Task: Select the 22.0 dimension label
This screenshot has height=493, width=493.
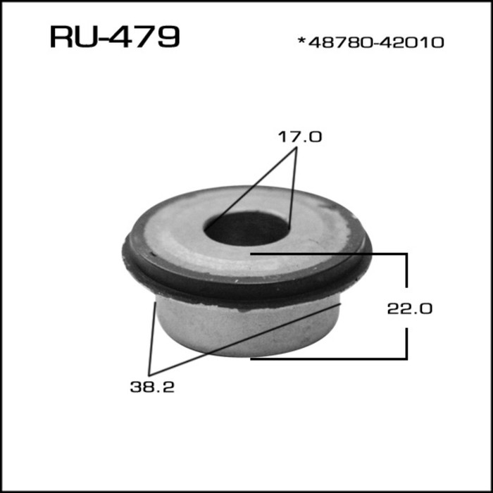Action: pos(408,308)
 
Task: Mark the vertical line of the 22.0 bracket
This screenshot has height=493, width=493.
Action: pos(406,282)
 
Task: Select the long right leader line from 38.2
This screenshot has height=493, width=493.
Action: pos(246,338)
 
